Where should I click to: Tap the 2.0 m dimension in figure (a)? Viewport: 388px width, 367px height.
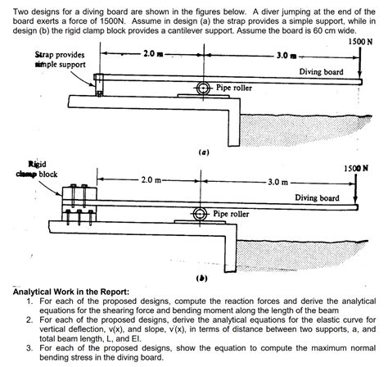(x=152, y=54)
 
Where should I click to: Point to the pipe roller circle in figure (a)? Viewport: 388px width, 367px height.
(x=201, y=88)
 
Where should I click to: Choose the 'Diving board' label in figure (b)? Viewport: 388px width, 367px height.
(x=317, y=197)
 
